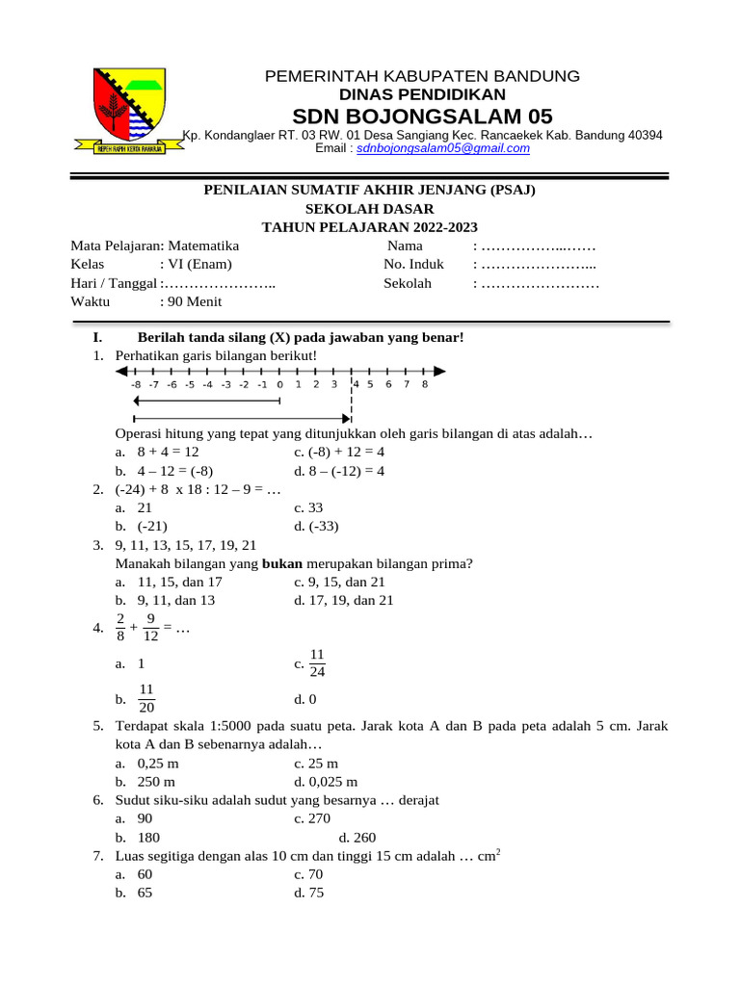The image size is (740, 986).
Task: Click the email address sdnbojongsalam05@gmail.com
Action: point(443,149)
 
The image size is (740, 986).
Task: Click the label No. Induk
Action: point(413,265)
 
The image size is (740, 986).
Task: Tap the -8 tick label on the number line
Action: point(135,384)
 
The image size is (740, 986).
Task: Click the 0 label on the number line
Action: point(280,384)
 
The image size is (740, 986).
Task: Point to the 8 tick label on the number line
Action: point(424,384)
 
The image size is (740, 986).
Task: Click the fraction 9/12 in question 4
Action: point(150,628)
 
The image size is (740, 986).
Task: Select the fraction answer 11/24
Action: point(318,662)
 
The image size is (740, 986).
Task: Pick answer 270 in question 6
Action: point(318,818)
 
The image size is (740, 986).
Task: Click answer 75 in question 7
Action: point(316,893)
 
